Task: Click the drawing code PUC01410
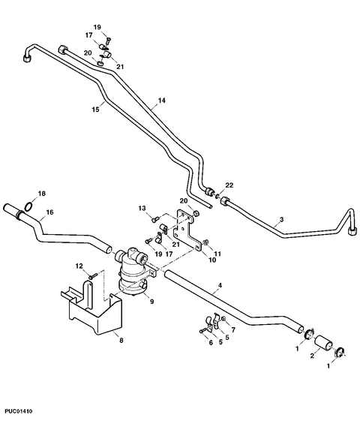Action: coord(19,411)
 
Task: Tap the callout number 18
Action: coord(42,194)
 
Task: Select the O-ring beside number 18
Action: coord(28,207)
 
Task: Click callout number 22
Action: coord(229,185)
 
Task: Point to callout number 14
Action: coord(162,101)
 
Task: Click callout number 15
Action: coord(95,110)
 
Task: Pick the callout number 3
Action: coord(281,219)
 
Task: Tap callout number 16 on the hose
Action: coord(50,212)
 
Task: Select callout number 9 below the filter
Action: coord(151,302)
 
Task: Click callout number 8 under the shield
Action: coord(121,341)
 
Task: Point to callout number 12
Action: coord(79,266)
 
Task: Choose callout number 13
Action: coord(142,208)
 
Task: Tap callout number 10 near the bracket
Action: coord(212,260)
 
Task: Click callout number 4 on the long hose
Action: coord(220,285)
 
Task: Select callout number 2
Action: coord(312,356)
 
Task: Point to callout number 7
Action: coord(233,329)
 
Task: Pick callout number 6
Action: coord(211,343)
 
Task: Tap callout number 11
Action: coord(217,254)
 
